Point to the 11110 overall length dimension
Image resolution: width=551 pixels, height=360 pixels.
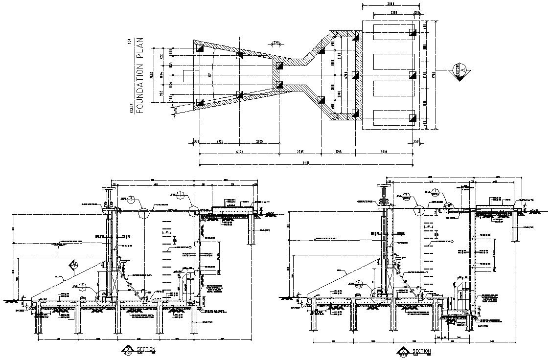click(x=306, y=164)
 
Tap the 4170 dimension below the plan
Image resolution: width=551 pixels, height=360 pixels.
click(x=239, y=152)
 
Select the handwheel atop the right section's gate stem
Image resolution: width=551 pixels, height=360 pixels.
click(x=384, y=186)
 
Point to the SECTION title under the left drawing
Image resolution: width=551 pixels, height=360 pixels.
click(x=146, y=349)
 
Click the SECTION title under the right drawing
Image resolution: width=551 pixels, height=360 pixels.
click(x=421, y=351)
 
